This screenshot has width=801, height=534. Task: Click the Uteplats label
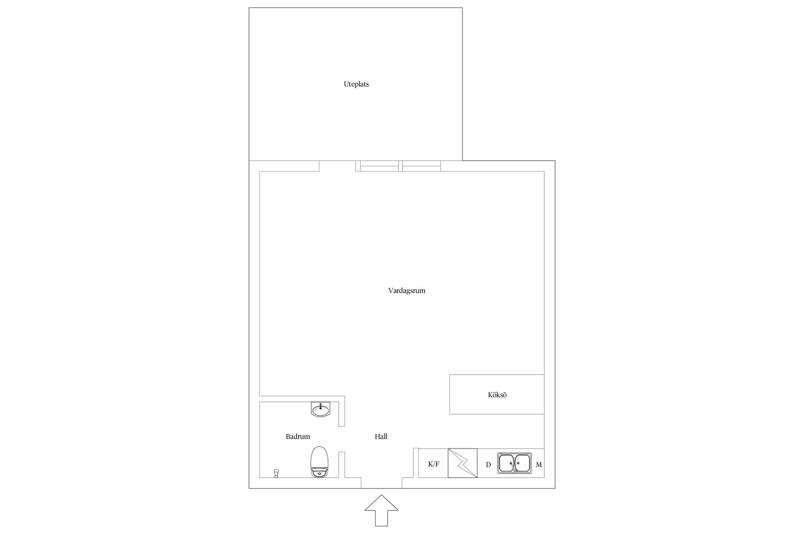click(x=356, y=84)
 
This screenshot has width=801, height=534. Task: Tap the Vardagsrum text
click(x=407, y=291)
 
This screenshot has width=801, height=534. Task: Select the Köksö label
click(x=497, y=395)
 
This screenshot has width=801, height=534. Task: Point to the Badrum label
click(x=298, y=436)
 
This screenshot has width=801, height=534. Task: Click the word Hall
click(x=381, y=436)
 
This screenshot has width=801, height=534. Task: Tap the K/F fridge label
click(x=434, y=464)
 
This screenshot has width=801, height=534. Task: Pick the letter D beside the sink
click(x=488, y=464)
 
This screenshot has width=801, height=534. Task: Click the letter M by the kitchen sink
click(x=539, y=464)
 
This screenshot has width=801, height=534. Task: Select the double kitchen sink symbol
click(x=514, y=463)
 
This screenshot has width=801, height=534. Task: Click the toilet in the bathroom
click(x=320, y=462)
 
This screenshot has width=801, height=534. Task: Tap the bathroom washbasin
click(x=320, y=409)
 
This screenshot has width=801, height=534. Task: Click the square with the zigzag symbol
click(x=463, y=463)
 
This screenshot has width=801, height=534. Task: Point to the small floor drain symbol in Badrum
click(x=276, y=473)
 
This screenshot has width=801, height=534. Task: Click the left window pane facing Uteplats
click(x=379, y=166)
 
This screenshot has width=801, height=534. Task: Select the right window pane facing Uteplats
click(x=421, y=166)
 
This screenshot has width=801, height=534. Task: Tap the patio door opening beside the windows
click(x=338, y=166)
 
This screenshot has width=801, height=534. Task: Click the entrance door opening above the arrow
click(x=381, y=483)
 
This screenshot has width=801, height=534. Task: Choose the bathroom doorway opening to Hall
click(x=342, y=439)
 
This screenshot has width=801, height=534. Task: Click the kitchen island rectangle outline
click(x=450, y=394)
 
